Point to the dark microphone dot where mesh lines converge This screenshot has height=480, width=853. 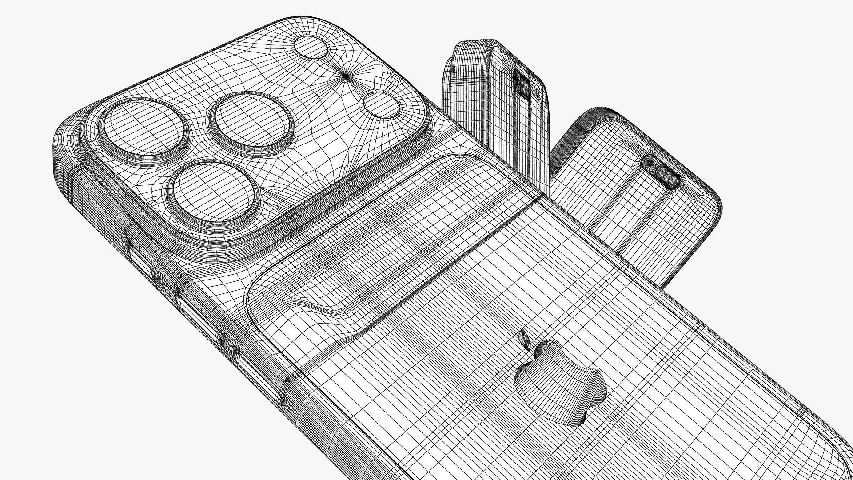tap(346, 76)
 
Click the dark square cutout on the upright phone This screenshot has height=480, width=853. tap(522, 84)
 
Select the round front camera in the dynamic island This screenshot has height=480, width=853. tap(650, 163)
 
